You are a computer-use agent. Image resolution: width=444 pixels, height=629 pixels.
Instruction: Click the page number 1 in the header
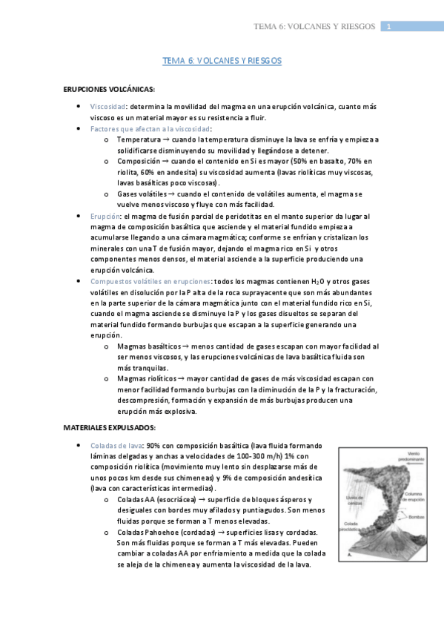pyautogui.click(x=388, y=27)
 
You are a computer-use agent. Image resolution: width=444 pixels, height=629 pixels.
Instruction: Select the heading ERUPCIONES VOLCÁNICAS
pyautogui.click(x=109, y=89)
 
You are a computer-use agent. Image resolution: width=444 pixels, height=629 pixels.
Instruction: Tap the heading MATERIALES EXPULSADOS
pyautogui.click(x=109, y=427)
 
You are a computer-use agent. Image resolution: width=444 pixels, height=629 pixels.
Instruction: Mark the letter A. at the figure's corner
pyautogui.click(x=349, y=554)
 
